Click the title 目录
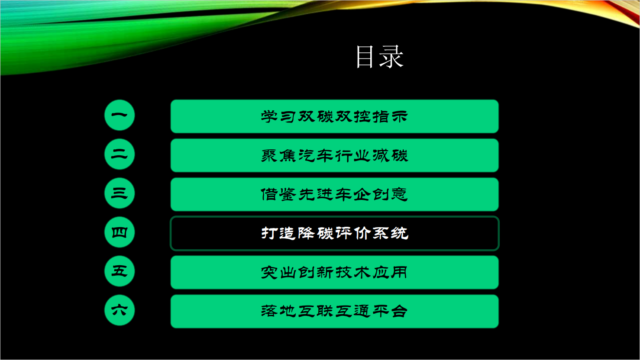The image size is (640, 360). [379, 57]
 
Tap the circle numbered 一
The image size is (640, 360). [120, 115]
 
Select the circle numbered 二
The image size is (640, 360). [120, 154]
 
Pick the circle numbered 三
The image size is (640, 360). [120, 193]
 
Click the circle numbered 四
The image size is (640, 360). [120, 232]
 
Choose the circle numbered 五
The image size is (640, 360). [120, 271]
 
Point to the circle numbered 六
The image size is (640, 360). [120, 310]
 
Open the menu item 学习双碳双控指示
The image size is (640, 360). [335, 116]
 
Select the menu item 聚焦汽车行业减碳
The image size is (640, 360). [335, 155]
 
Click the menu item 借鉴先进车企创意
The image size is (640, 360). [335, 194]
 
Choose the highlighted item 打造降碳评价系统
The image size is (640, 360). [335, 233]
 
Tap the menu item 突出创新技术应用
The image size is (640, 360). [335, 272]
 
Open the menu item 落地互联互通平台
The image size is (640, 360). [335, 312]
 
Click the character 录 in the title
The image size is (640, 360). [392, 57]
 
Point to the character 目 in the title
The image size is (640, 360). [365, 57]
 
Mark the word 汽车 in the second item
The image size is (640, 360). [316, 156]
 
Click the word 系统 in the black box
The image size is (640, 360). [390, 233]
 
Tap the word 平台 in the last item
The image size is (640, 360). [390, 311]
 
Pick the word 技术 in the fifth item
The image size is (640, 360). [353, 272]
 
